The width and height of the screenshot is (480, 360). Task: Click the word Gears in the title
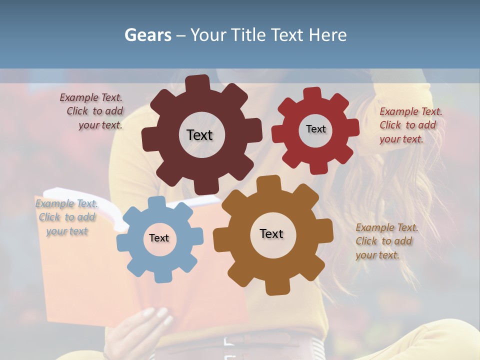point(148,35)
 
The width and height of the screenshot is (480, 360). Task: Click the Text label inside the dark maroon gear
point(199,135)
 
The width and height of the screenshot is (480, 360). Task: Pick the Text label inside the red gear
point(315,129)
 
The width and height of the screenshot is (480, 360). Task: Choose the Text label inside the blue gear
point(159,238)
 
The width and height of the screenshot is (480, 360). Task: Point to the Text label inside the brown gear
point(271,233)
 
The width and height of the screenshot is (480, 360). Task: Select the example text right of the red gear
point(410,125)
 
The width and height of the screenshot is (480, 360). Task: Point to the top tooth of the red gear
point(312,94)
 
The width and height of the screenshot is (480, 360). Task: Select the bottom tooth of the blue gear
point(161,276)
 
